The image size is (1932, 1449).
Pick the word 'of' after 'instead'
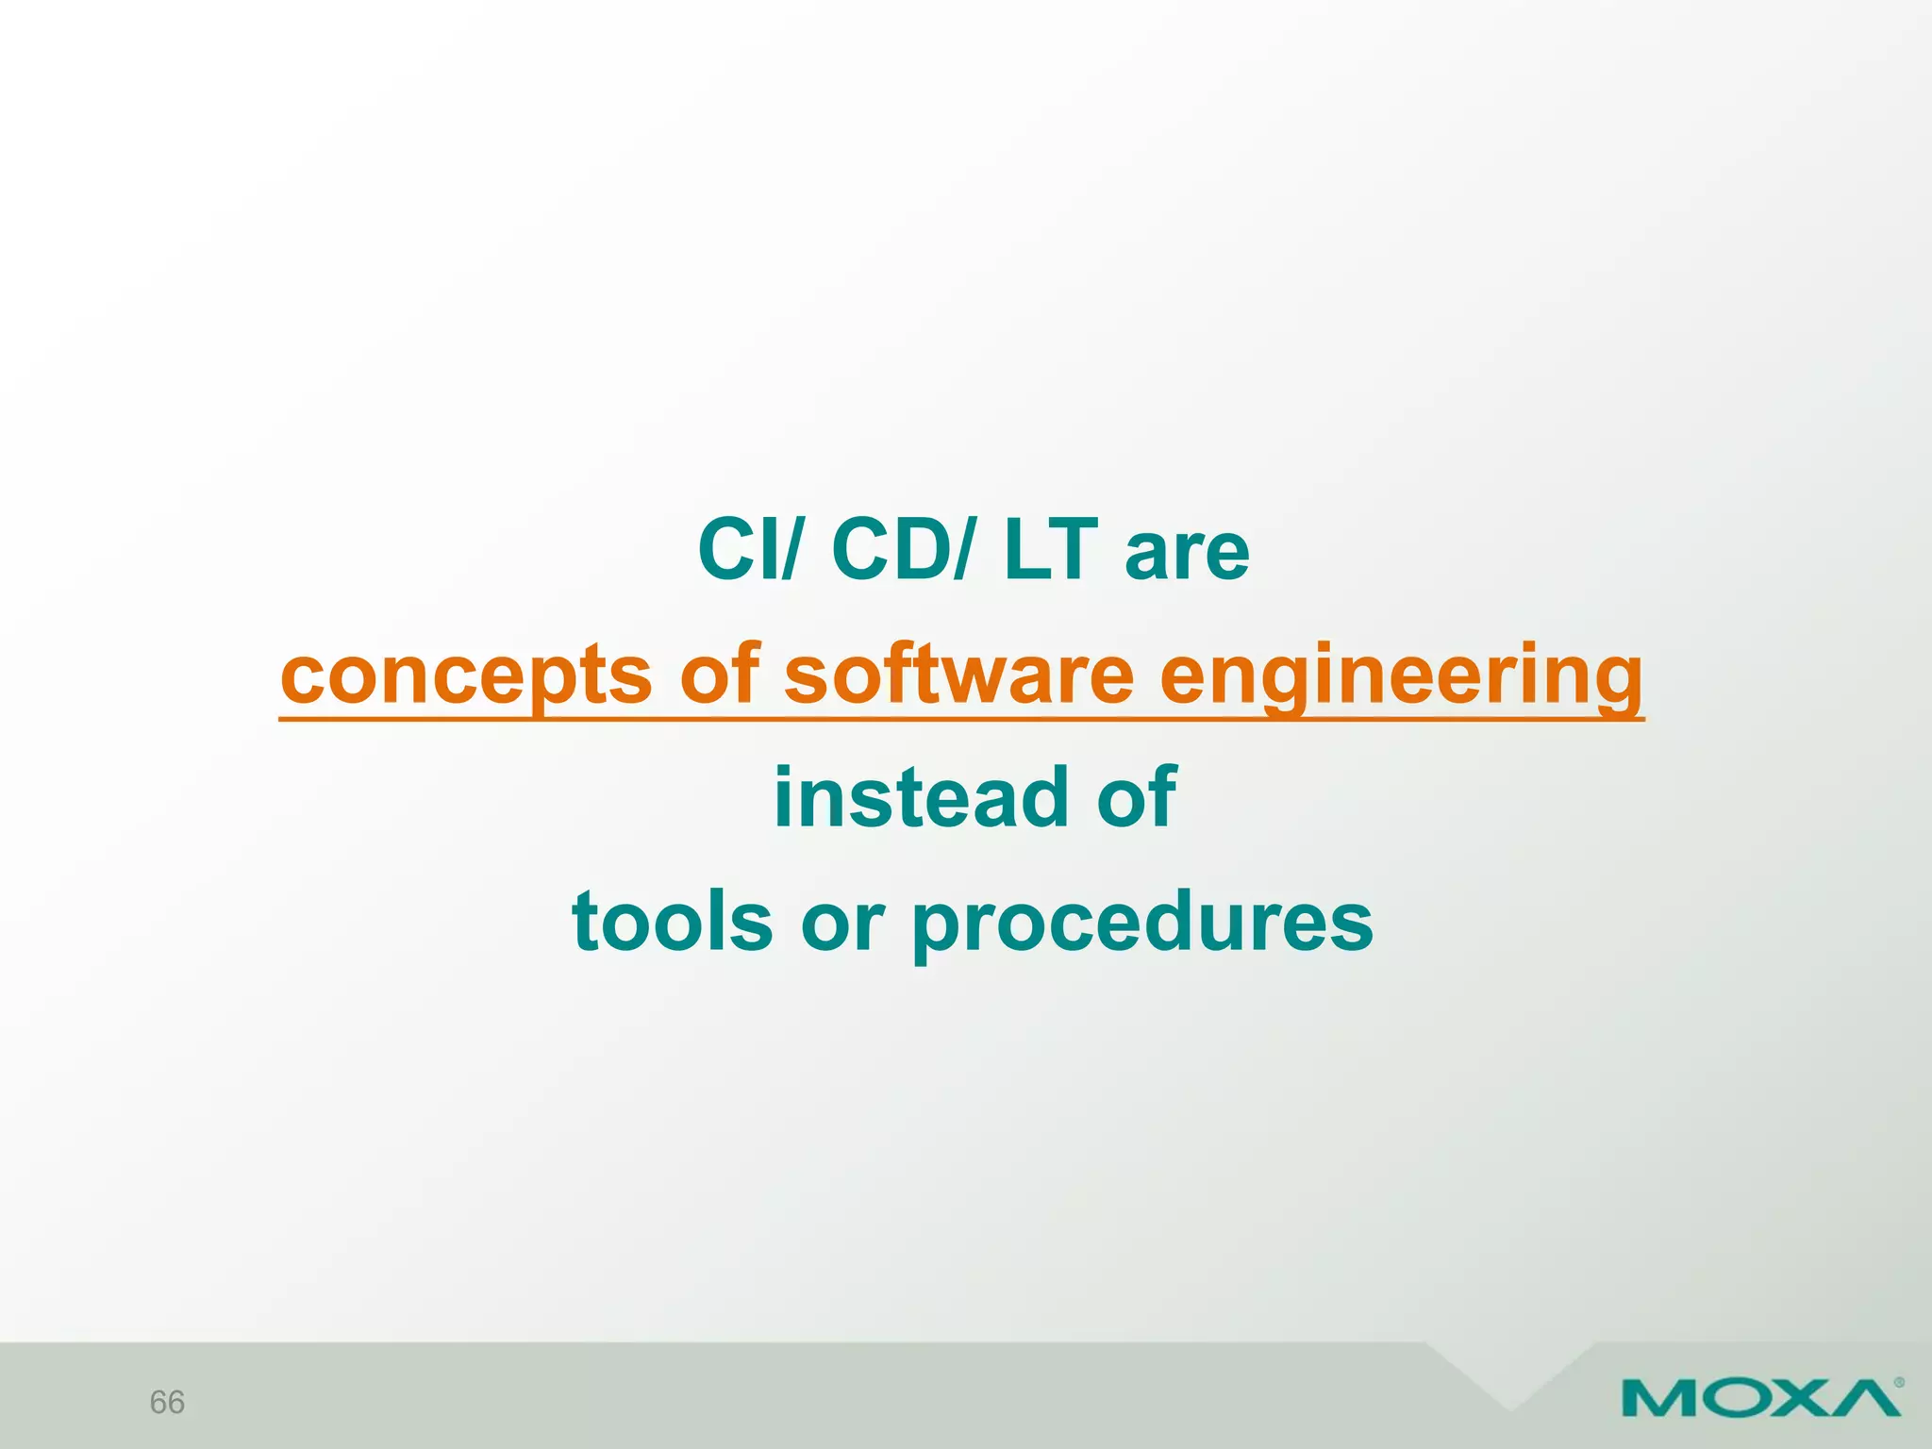click(1137, 798)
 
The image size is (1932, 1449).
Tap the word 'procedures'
click(1142, 924)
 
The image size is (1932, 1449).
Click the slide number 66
click(167, 1402)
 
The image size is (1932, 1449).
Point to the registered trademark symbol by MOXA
click(1898, 1383)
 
